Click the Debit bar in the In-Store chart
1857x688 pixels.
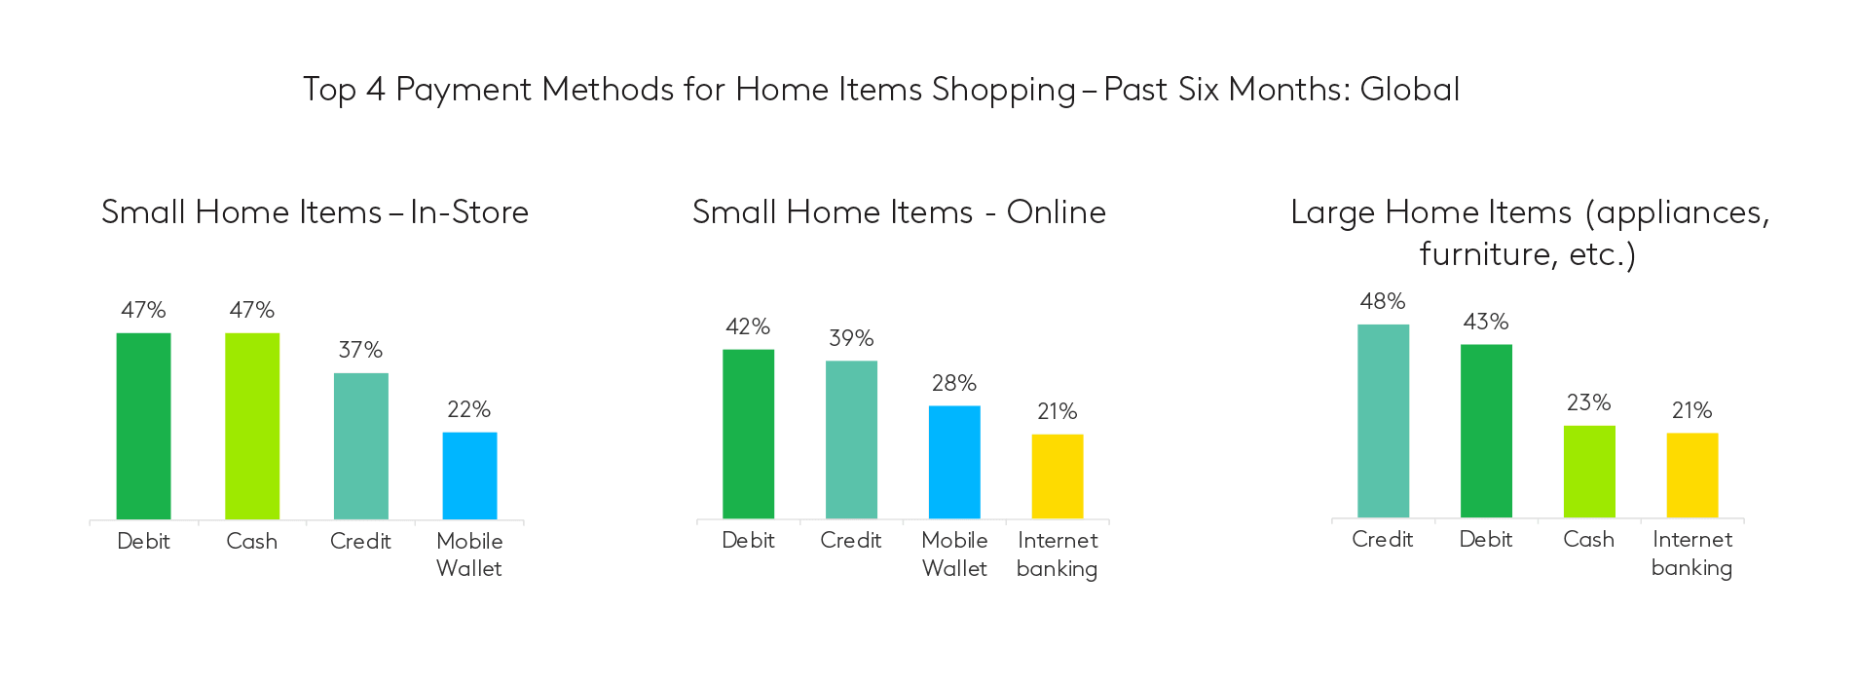(143, 426)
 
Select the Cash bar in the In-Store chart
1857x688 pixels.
(252, 426)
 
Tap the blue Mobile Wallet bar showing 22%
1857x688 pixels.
(469, 476)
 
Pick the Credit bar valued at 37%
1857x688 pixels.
(361, 446)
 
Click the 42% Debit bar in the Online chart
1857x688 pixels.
(748, 434)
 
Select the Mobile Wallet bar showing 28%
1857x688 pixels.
(954, 462)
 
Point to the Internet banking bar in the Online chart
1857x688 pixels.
(1058, 477)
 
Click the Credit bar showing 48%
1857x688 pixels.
(1383, 421)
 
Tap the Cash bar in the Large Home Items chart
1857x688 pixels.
(1589, 472)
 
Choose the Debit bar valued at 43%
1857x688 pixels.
(1486, 431)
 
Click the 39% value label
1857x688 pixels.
(851, 338)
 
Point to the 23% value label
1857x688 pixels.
(1588, 402)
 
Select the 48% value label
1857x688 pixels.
(1383, 301)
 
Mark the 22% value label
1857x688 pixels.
(468, 409)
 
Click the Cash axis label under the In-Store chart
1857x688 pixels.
(252, 541)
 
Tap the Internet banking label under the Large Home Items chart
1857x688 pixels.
(1692, 554)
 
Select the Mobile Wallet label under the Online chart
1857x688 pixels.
(954, 554)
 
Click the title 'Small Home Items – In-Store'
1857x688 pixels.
(315, 212)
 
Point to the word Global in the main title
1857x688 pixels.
(1409, 90)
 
